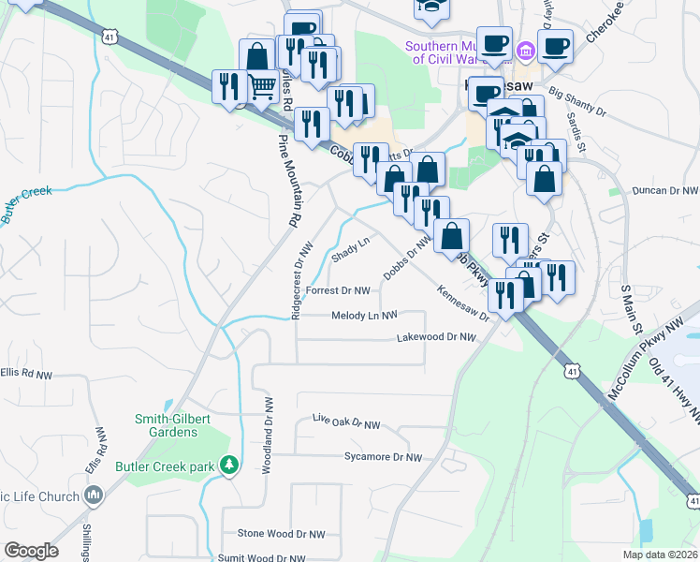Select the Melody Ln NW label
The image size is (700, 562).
pos(365,316)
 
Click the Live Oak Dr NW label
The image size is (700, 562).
pos(346,422)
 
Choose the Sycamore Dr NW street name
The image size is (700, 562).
pos(384,457)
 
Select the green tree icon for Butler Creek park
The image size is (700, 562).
pos(227,465)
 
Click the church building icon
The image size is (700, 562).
pos(93,495)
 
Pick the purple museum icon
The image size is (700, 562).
pos(525,49)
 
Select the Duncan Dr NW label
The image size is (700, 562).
pos(665,190)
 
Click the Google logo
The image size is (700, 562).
pos(31,551)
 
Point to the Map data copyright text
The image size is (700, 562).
pos(660,555)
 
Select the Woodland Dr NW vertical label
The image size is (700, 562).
pos(268,436)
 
